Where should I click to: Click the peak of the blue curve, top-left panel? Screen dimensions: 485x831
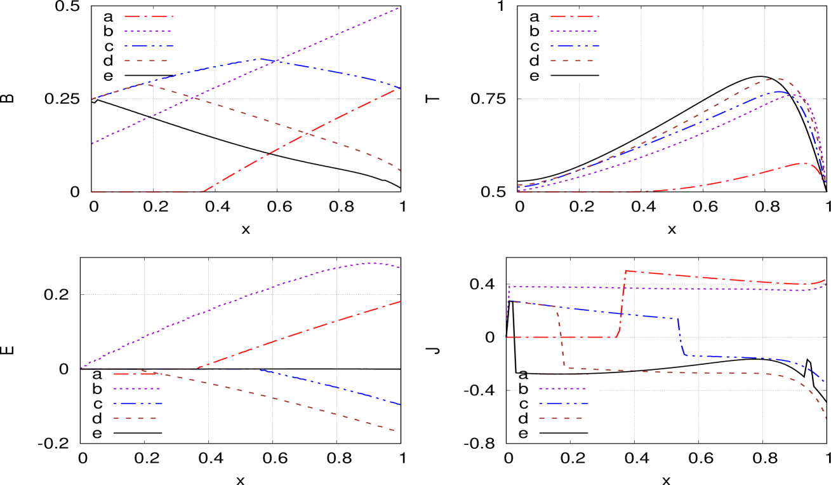pyautogui.click(x=258, y=58)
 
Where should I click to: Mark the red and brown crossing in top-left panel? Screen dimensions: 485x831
pyautogui.click(x=306, y=133)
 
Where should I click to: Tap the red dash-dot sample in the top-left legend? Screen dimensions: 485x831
pyautogui.click(x=149, y=17)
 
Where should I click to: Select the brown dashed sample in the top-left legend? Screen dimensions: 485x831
pyautogui.click(x=149, y=61)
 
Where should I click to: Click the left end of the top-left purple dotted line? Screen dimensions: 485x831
pyautogui.click(x=93, y=144)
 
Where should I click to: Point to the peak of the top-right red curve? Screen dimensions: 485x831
pyautogui.click(x=804, y=163)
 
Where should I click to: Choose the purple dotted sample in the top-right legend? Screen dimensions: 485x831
pyautogui.click(x=574, y=31)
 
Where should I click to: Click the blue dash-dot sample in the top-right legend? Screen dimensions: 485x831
pyautogui.click(x=574, y=46)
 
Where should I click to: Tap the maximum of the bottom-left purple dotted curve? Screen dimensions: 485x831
pyautogui.click(x=371, y=263)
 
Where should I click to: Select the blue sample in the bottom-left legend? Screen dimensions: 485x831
pyautogui.click(x=137, y=403)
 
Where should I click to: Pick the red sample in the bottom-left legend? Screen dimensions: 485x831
pyautogui.click(x=137, y=374)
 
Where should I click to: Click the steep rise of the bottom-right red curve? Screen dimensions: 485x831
pyautogui.click(x=622, y=304)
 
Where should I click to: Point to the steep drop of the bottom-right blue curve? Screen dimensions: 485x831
pyautogui.click(x=681, y=337)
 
